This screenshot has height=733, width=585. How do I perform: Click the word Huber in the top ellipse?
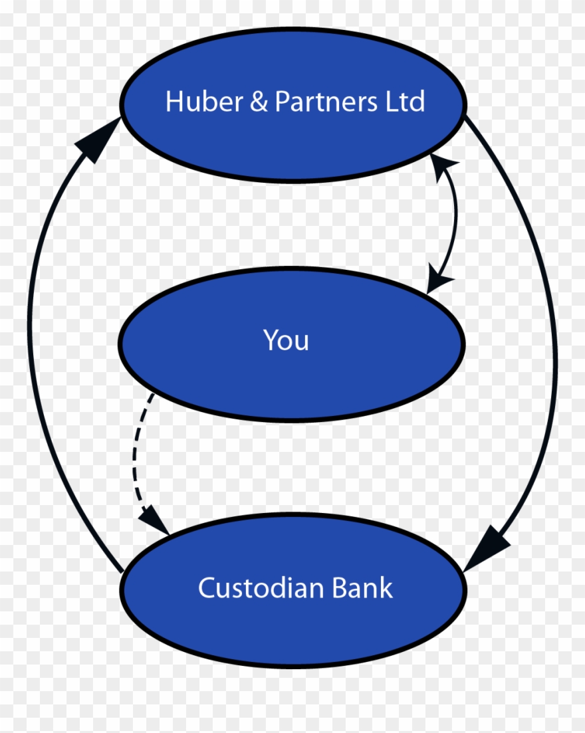click(x=196, y=102)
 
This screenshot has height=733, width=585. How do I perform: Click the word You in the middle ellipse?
click(x=287, y=340)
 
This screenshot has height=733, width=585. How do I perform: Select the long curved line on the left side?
click(x=32, y=346)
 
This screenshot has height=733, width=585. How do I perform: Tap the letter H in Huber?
click(x=174, y=102)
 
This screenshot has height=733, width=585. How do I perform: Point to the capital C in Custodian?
click(x=207, y=588)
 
